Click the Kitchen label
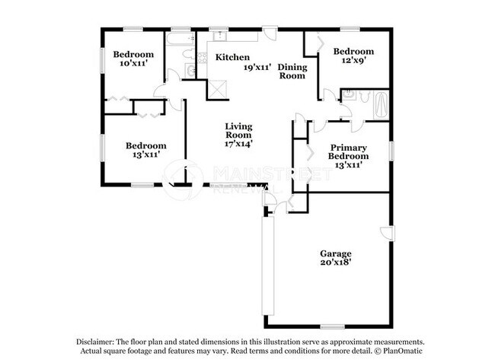(x=232, y=58)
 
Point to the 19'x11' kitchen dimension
(x=257, y=68)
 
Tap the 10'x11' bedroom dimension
(x=133, y=65)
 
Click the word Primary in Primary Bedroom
(x=349, y=148)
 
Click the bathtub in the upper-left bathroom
(x=180, y=44)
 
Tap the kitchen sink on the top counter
(x=218, y=35)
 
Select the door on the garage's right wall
(x=388, y=233)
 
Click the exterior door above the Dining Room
(x=270, y=32)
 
